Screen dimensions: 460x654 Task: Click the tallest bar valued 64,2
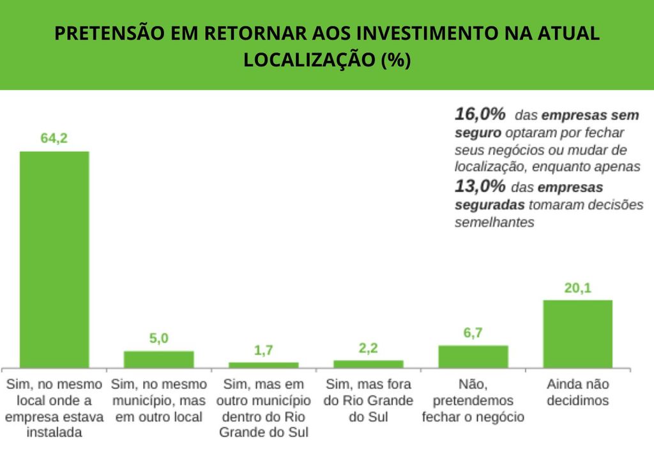[54, 259]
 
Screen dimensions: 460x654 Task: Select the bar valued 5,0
[158, 359]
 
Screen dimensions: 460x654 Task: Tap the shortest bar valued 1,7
[263, 365]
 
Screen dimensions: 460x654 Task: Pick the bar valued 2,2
[368, 364]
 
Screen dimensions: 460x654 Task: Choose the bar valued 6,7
[473, 356]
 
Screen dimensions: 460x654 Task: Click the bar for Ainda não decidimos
[577, 333]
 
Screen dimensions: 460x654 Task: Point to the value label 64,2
[54, 138]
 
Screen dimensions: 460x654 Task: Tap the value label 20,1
[577, 287]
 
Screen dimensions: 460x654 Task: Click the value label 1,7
[263, 350]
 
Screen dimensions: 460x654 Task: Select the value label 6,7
[473, 333]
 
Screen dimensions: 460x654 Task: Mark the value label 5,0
[158, 339]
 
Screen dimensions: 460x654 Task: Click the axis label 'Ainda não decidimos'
[577, 393]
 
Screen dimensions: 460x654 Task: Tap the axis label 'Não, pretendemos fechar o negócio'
[473, 401]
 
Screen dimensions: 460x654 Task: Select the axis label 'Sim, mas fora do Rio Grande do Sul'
[368, 401]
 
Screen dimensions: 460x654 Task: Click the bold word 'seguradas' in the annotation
[489, 205]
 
